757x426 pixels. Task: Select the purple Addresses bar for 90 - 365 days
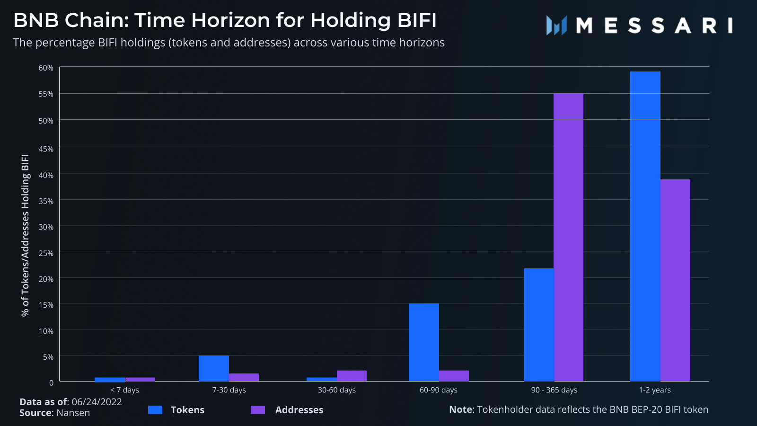(x=568, y=237)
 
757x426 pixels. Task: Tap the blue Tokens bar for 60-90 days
(x=423, y=342)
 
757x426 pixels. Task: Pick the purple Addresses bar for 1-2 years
(x=675, y=280)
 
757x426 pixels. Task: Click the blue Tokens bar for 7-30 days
(x=213, y=368)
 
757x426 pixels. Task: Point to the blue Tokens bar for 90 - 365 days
(x=539, y=325)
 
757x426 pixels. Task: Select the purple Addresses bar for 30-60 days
(x=352, y=376)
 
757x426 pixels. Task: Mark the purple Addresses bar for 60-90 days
(x=454, y=376)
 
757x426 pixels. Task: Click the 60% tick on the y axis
(x=46, y=68)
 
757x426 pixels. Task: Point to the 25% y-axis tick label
(x=46, y=253)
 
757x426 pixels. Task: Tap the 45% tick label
(x=46, y=149)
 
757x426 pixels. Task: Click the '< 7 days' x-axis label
(x=124, y=390)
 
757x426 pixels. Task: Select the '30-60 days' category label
(x=336, y=390)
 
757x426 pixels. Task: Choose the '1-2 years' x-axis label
(x=655, y=390)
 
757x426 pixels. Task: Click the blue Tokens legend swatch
(x=155, y=410)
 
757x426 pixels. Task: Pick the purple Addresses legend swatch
(x=258, y=410)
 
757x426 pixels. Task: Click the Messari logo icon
(x=556, y=26)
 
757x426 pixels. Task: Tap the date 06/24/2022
(x=97, y=402)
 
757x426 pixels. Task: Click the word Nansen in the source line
(x=73, y=413)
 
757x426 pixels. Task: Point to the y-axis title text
(x=25, y=235)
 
